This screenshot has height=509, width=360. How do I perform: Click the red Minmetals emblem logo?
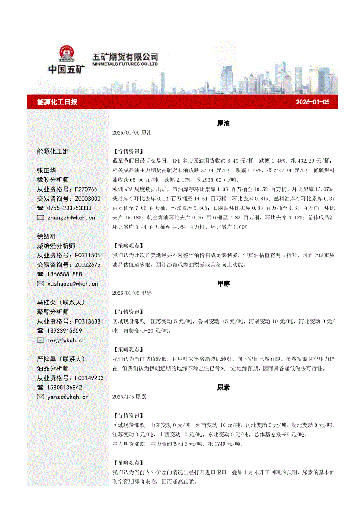point(67,54)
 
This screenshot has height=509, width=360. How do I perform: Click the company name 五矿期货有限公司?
point(126,57)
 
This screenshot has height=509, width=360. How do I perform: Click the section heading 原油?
point(223,123)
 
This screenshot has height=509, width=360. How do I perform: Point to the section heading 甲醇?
point(223,283)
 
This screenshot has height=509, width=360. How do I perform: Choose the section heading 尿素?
point(223,387)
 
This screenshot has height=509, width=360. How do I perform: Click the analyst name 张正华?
point(47,170)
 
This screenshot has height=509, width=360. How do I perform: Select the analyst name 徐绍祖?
point(47,236)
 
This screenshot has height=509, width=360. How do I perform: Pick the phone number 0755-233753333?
point(70,208)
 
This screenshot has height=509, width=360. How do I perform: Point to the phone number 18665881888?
point(65,274)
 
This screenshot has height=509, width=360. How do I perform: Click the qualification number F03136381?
point(89,321)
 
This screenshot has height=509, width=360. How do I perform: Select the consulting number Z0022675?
point(88,265)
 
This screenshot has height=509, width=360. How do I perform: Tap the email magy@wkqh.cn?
point(67,340)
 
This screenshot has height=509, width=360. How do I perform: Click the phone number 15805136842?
point(65,387)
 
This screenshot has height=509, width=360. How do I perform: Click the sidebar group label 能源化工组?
point(53,152)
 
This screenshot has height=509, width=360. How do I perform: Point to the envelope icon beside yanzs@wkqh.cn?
point(41,397)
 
